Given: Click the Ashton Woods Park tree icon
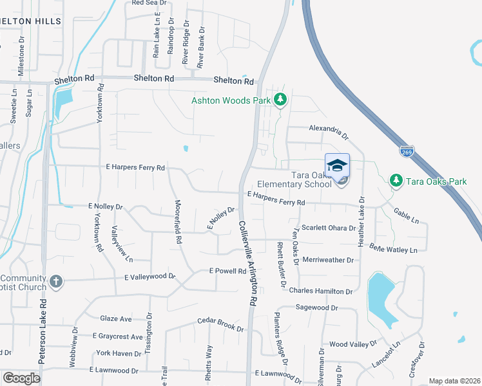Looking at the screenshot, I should (280, 100).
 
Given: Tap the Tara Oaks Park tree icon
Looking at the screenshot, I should (396, 181).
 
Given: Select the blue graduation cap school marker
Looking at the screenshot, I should (337, 165).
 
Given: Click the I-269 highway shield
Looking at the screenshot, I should (407, 152).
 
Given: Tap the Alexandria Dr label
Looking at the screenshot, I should (329, 132).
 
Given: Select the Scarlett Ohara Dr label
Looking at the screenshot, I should (329, 228).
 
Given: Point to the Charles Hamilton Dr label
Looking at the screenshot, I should (321, 291).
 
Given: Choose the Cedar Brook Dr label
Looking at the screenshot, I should (221, 324).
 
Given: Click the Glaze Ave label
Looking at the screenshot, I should (116, 318).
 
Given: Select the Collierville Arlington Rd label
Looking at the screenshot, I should (248, 264).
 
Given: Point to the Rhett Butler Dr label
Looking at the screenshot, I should (280, 263).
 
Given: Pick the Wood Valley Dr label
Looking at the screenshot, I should (352, 345).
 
